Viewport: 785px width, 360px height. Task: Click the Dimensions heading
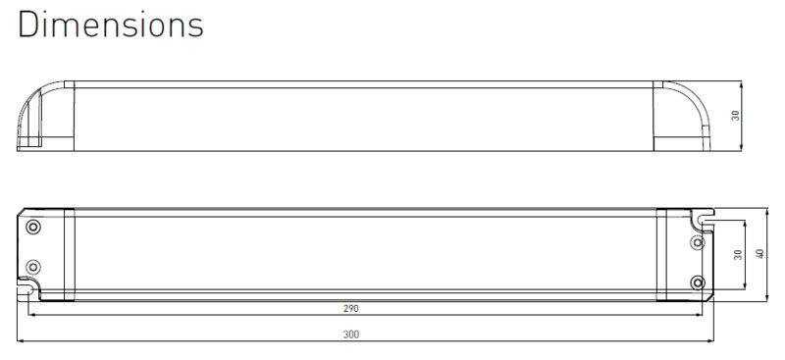coord(111,25)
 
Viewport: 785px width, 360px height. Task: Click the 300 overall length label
coord(351,334)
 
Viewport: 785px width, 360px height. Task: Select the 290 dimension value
coord(351,308)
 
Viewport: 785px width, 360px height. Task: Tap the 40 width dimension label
coord(759,254)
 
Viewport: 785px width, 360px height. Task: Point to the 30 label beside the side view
coord(735,116)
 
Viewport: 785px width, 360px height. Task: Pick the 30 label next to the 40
coord(738,255)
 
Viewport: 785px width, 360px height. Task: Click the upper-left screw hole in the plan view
coord(33,227)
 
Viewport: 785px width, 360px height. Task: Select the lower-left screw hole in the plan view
coord(33,266)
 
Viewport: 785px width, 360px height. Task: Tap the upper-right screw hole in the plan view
coord(697,243)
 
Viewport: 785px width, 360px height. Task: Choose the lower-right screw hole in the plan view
coord(697,283)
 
